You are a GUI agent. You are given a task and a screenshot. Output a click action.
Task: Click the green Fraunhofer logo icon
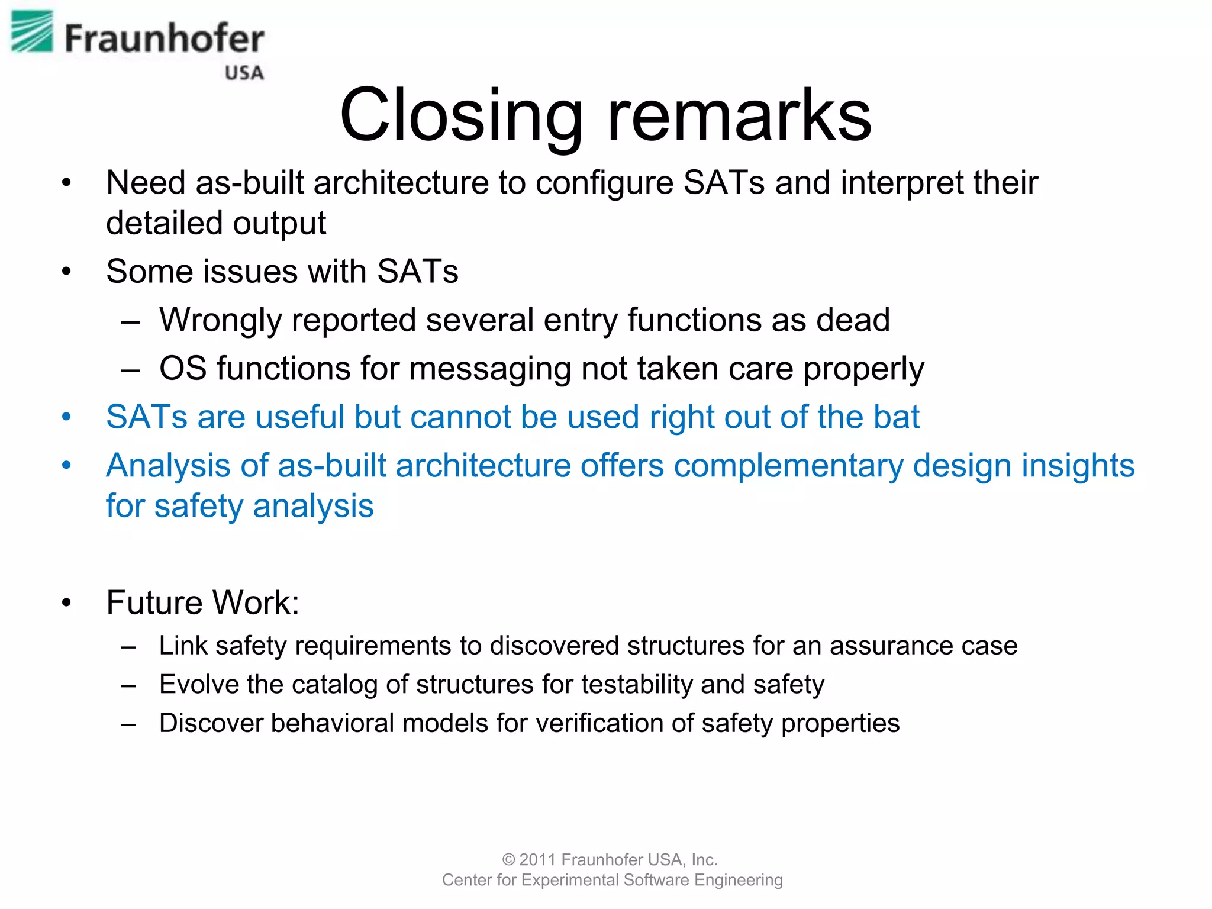[x=32, y=32]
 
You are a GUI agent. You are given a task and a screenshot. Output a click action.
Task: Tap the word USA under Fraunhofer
[x=244, y=73]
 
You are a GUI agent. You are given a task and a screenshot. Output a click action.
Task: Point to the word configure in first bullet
[x=604, y=183]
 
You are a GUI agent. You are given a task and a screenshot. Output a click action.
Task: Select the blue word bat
[x=896, y=417]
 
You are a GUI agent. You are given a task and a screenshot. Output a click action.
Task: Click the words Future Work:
[x=203, y=602]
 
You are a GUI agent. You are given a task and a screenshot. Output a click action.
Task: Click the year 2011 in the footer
[x=537, y=859]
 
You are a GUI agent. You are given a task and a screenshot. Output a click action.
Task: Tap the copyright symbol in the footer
[x=508, y=860]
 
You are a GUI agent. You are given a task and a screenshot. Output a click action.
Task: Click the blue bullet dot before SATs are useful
[x=66, y=417]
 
